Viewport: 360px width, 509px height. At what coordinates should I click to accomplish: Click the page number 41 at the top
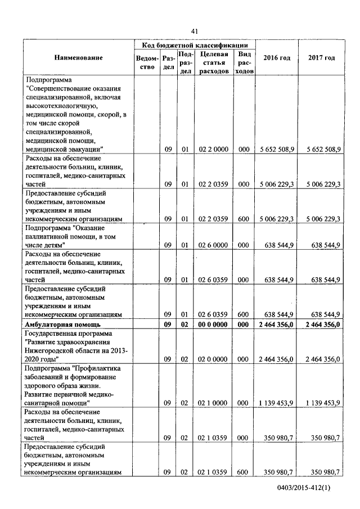coord(195,30)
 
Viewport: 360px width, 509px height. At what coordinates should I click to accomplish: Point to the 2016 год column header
coord(277,58)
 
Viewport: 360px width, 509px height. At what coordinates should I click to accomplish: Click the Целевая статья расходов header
coord(213,62)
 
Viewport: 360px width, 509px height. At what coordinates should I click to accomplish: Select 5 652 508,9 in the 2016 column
coord(276,150)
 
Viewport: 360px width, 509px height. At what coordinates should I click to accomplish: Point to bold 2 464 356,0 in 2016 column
coord(276,325)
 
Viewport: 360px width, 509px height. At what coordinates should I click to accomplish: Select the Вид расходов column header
coord(244,62)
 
